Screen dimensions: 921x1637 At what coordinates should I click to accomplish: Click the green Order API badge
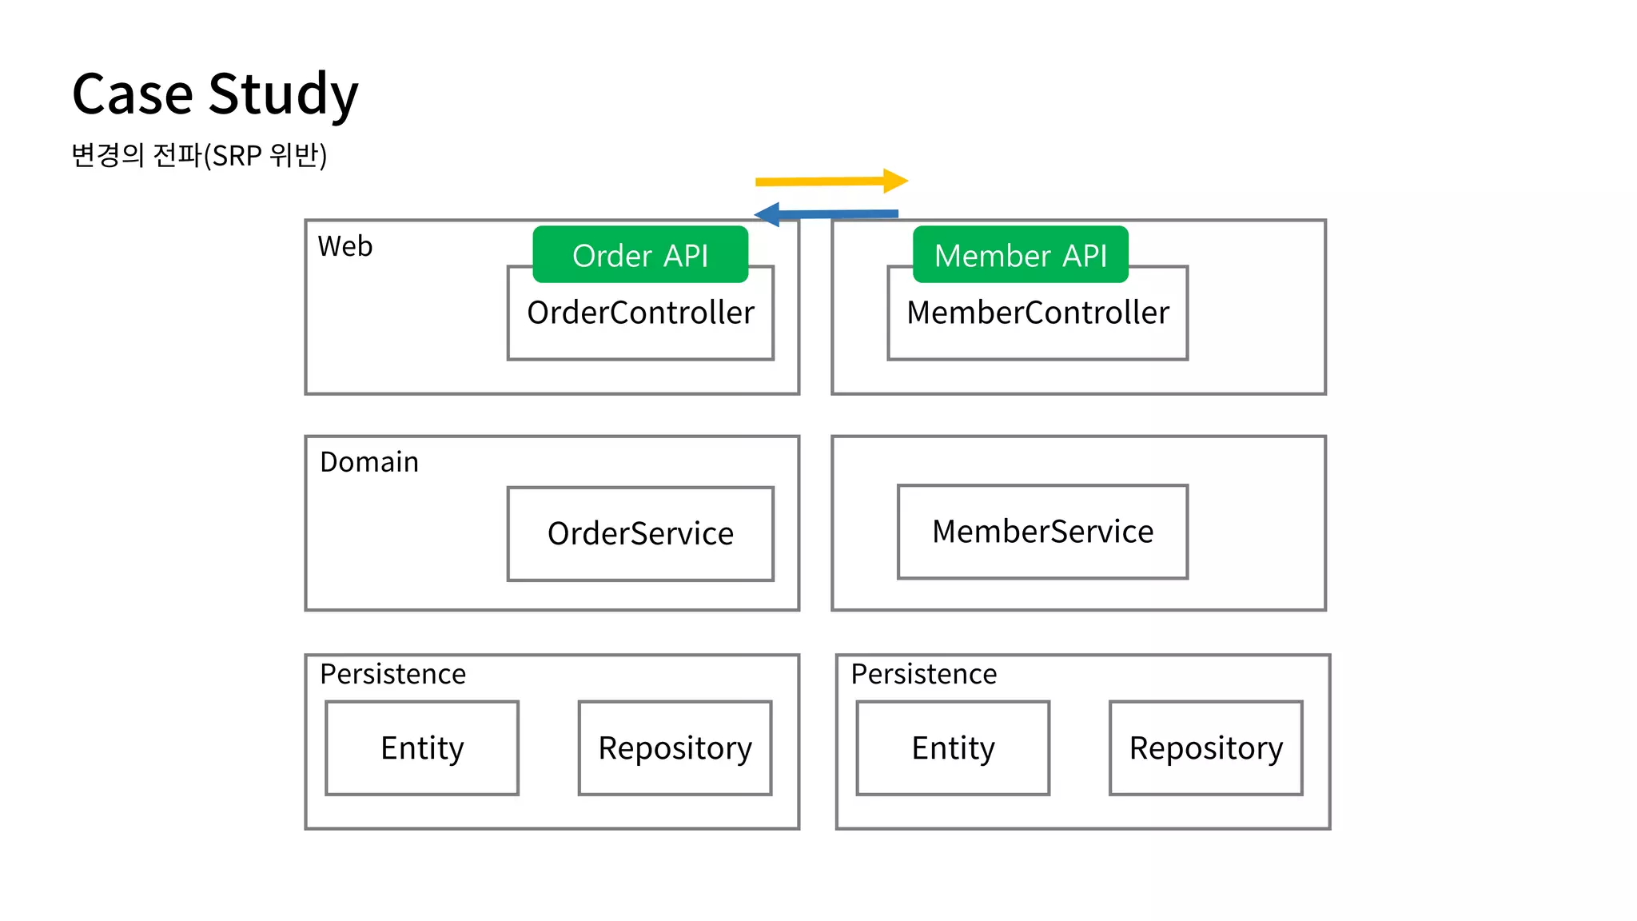(x=640, y=255)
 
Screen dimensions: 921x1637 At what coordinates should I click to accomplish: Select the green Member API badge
(x=1020, y=255)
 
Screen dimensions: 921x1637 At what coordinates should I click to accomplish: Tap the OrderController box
(x=640, y=320)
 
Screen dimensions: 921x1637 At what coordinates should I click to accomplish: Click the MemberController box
(x=1038, y=320)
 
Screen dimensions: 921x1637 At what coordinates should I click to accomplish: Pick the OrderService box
(x=640, y=533)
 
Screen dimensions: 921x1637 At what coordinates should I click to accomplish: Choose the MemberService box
(x=1042, y=532)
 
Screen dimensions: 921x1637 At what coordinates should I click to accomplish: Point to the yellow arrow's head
(x=897, y=181)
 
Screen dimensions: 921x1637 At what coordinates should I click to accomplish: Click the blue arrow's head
(x=767, y=214)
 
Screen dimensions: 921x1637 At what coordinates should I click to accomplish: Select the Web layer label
(x=345, y=246)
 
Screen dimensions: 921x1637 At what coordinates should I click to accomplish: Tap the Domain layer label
(x=368, y=462)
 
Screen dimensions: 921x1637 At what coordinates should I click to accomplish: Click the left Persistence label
(x=392, y=674)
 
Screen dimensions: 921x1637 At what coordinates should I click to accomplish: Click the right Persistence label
(x=923, y=674)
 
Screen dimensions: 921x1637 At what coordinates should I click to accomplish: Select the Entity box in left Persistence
(x=422, y=748)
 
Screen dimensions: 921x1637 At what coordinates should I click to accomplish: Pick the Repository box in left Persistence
(x=675, y=748)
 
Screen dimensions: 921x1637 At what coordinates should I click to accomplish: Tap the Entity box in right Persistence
(x=953, y=748)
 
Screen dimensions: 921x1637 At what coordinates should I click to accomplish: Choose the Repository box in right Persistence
(x=1205, y=748)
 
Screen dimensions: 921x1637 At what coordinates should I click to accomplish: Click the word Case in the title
(x=132, y=94)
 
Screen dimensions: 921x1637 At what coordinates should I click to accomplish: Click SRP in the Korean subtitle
(x=237, y=155)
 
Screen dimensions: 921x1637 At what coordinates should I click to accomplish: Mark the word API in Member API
(x=1084, y=256)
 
